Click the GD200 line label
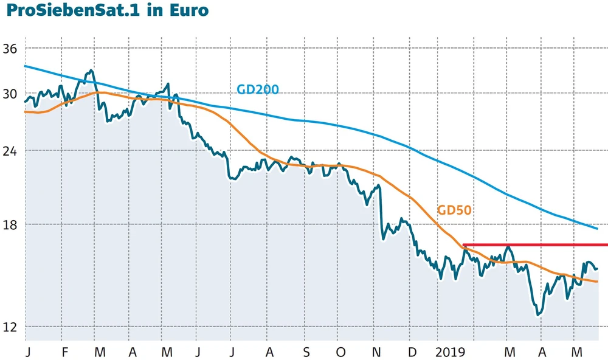(x=257, y=90)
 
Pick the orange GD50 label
(x=455, y=210)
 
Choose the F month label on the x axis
(x=64, y=352)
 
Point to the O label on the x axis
(x=341, y=352)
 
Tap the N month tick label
(x=376, y=352)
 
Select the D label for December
(x=412, y=352)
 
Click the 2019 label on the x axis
(x=451, y=352)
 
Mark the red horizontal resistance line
(x=535, y=245)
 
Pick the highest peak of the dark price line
(x=91, y=71)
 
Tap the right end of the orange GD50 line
(x=597, y=282)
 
